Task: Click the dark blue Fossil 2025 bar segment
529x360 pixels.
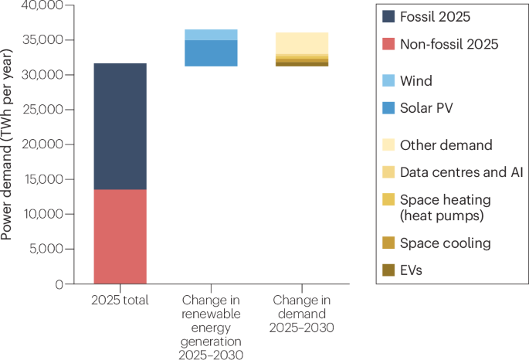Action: point(120,126)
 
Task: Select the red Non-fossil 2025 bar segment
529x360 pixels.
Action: point(120,236)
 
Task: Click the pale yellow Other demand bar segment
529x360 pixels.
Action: point(301,43)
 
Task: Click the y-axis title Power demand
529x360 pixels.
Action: point(9,145)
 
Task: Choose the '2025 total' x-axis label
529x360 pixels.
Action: point(120,299)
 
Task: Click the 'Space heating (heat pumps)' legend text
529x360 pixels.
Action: point(446,207)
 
